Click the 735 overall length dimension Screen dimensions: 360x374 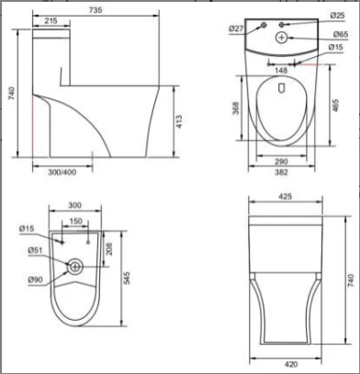pos(96,10)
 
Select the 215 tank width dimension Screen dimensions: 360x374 pos(51,21)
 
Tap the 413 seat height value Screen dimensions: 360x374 pos(179,121)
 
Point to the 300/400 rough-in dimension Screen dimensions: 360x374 pos(62,173)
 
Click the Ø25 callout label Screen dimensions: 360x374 pos(337,16)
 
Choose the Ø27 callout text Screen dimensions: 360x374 pos(236,28)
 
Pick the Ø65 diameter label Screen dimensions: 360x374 pos(341,34)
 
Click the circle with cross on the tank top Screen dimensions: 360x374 pos(282,38)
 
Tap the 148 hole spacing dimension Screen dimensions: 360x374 pos(281,71)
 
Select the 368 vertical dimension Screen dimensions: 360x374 pos(236,108)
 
